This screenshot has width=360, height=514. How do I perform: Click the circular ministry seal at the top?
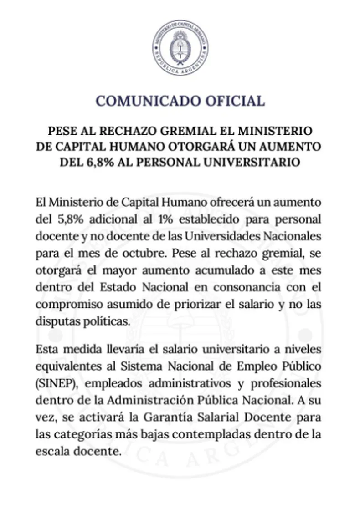pos(180,48)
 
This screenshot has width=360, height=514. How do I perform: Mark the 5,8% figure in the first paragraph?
pos(71,219)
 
